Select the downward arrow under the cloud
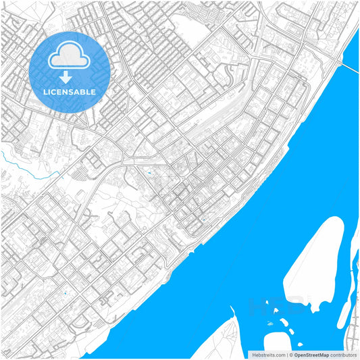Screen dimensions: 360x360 [x=66, y=76]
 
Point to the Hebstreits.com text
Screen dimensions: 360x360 [x=267, y=354]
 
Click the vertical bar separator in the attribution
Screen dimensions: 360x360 [x=286, y=354]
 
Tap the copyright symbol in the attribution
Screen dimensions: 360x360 [x=291, y=354]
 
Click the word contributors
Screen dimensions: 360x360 [x=343, y=354]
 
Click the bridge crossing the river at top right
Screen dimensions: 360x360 [x=349, y=66]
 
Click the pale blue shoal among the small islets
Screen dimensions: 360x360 [x=270, y=324]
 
